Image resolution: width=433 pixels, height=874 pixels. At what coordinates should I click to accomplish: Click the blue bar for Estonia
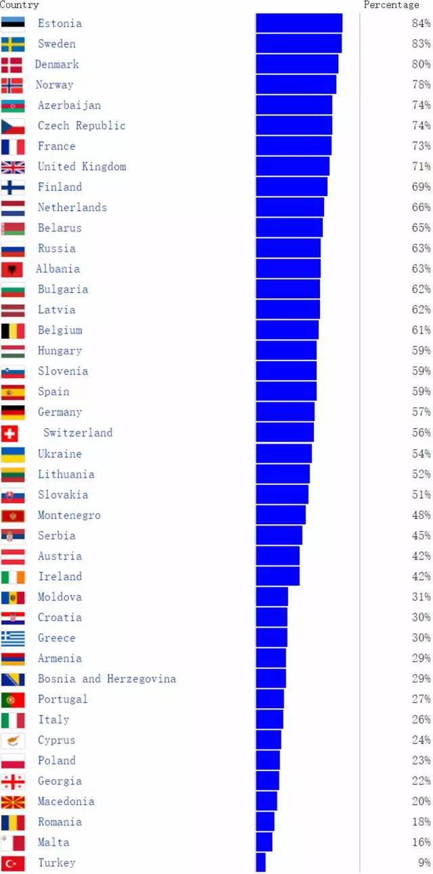(x=298, y=23)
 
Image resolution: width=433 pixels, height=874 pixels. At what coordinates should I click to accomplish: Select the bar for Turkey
(x=260, y=862)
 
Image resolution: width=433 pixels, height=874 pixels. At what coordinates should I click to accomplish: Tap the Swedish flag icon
(x=13, y=44)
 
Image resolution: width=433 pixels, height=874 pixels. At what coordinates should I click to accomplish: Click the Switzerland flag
(x=10, y=433)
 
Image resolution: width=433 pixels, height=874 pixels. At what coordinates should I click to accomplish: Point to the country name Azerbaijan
(x=69, y=105)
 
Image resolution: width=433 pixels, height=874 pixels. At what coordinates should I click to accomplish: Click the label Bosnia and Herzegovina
(x=107, y=678)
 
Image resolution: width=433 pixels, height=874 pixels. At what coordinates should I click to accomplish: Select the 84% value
(x=421, y=23)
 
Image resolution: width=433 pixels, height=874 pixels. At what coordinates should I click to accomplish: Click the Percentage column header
(x=391, y=5)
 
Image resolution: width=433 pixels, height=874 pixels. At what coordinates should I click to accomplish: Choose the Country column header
(x=20, y=5)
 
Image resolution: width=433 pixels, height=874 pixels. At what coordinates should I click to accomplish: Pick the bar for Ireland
(x=277, y=576)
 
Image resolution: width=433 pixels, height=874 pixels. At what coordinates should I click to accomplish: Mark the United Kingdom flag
(x=13, y=166)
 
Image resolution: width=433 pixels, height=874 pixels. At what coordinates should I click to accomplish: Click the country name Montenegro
(x=69, y=515)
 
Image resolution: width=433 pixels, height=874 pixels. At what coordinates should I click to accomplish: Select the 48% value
(x=421, y=515)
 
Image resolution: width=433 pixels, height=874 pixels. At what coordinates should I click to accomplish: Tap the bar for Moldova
(x=271, y=597)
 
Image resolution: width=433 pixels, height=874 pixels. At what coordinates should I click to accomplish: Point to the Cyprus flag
(x=13, y=740)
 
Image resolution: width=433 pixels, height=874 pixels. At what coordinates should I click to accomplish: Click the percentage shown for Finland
(x=421, y=187)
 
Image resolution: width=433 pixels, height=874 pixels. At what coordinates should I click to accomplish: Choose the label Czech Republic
(x=81, y=125)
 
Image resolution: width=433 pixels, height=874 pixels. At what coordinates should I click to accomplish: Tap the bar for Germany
(x=285, y=412)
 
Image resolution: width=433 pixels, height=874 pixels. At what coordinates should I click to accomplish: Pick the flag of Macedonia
(x=13, y=802)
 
